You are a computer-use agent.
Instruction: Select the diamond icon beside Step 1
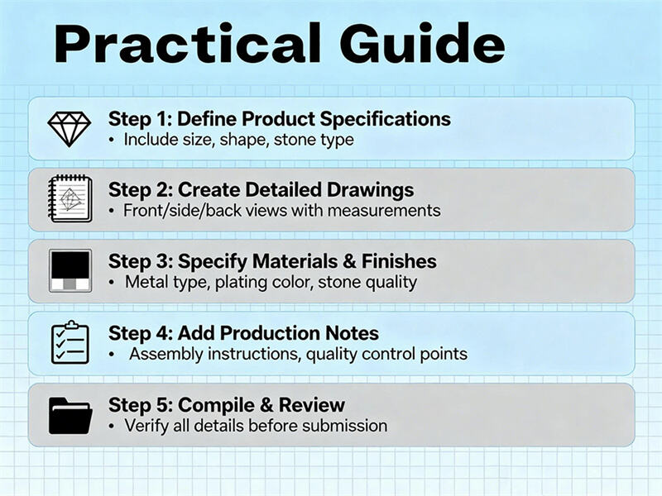(x=69, y=128)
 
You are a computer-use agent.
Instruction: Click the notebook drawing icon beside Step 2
(x=69, y=199)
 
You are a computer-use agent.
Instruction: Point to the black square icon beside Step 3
(x=69, y=270)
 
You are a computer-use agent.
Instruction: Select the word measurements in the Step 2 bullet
(x=384, y=211)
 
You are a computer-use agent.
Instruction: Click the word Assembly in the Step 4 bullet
(x=164, y=354)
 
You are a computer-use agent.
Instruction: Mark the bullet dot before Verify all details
(x=113, y=427)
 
